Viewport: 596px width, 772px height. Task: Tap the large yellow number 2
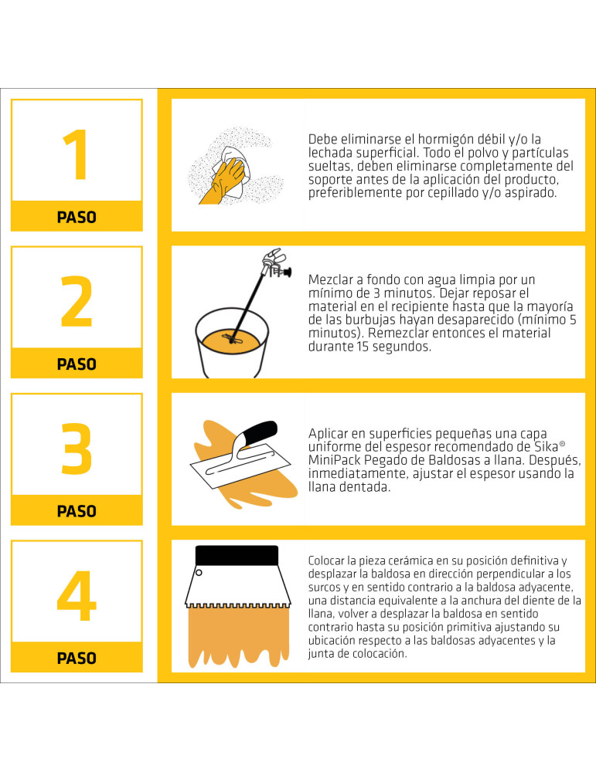pyautogui.click(x=77, y=301)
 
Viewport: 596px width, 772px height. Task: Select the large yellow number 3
pyautogui.click(x=77, y=448)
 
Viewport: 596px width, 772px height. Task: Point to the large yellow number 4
pyautogui.click(x=77, y=595)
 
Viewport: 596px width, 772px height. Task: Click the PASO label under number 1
pyautogui.click(x=77, y=217)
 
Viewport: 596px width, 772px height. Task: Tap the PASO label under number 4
pyautogui.click(x=77, y=659)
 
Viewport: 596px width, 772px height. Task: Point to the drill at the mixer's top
pyautogui.click(x=276, y=262)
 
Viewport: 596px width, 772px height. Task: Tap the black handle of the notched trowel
pyautogui.click(x=237, y=555)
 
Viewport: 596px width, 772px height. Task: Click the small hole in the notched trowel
pyautogui.click(x=199, y=573)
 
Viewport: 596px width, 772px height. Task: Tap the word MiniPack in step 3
pyautogui.click(x=334, y=460)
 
